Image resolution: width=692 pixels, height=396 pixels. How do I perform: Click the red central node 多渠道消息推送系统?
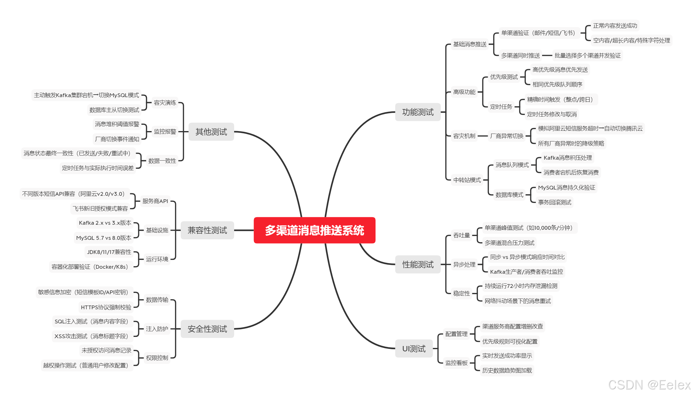click(314, 230)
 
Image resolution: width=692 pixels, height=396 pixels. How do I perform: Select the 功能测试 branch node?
click(418, 112)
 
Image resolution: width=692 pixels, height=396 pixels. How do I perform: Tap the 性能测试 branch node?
click(418, 264)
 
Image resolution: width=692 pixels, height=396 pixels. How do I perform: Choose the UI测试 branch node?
click(414, 349)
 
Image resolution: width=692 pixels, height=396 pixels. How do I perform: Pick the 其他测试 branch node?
click(211, 132)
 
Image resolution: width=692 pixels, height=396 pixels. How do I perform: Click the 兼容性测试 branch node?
click(207, 230)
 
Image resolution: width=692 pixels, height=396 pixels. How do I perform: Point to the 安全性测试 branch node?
click(207, 329)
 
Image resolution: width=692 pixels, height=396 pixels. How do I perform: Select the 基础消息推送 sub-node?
click(470, 44)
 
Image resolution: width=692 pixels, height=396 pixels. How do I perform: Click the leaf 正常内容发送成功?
click(615, 26)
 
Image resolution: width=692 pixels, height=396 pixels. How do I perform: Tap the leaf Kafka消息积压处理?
click(568, 158)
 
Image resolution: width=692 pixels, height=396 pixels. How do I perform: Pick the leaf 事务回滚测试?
click(554, 202)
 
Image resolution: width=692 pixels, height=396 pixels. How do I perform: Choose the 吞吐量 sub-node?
click(461, 235)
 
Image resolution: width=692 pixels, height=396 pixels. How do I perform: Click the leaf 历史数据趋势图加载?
click(507, 371)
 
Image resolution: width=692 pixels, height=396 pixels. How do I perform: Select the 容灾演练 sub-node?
click(165, 103)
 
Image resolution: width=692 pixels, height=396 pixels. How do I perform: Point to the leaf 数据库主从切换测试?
click(114, 110)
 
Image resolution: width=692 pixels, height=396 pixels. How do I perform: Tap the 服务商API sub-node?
click(155, 201)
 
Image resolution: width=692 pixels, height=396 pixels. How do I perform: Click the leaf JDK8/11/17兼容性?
click(109, 252)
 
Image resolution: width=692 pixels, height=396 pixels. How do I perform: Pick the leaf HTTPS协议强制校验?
click(106, 307)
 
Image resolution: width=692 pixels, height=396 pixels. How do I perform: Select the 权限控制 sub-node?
click(157, 358)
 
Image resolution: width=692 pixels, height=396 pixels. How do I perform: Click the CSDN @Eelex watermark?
click(649, 385)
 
